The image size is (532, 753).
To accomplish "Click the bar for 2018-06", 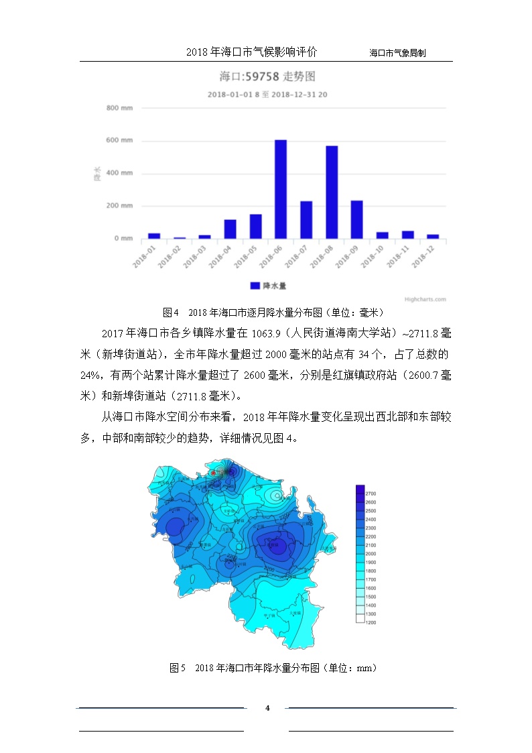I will (x=281, y=189).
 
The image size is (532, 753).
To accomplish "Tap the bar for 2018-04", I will (x=230, y=229).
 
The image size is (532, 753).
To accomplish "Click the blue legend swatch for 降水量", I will (x=255, y=286).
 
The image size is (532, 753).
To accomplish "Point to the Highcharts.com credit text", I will (x=425, y=300).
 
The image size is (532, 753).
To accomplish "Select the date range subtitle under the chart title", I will (x=267, y=95).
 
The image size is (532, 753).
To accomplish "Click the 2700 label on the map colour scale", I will (x=371, y=493).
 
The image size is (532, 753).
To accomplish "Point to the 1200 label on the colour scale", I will (x=371, y=622).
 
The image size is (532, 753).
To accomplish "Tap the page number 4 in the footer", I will (x=267, y=708).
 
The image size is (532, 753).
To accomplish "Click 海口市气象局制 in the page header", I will (x=398, y=52).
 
